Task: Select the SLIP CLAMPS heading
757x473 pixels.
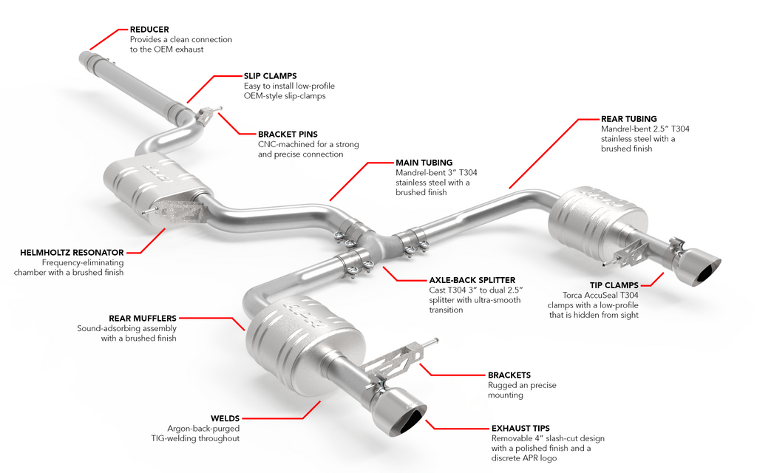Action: click(270, 75)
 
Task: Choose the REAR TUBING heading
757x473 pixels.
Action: click(628, 119)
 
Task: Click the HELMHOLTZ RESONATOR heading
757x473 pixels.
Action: click(72, 253)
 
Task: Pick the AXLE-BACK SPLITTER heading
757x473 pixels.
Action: click(472, 280)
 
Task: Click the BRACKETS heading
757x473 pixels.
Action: click(509, 375)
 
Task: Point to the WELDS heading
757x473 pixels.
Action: click(225, 418)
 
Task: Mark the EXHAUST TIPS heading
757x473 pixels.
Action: click(520, 428)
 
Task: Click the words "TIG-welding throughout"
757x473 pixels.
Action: click(194, 438)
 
